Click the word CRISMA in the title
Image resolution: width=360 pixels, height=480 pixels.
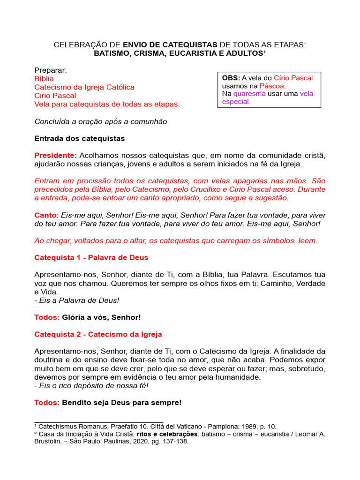click(x=152, y=53)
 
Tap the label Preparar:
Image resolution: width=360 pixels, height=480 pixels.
click(x=51, y=70)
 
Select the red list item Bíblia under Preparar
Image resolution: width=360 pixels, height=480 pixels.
click(x=44, y=79)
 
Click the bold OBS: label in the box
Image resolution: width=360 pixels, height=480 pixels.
click(x=231, y=78)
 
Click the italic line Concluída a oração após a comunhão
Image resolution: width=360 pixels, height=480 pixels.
click(x=101, y=121)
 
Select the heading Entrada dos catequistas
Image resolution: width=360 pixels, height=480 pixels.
click(x=80, y=139)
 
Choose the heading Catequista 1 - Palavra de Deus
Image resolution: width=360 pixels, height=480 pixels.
click(x=91, y=258)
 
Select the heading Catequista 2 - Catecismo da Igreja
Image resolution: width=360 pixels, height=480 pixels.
click(x=98, y=334)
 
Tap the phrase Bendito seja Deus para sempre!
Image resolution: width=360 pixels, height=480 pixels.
click(x=121, y=403)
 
